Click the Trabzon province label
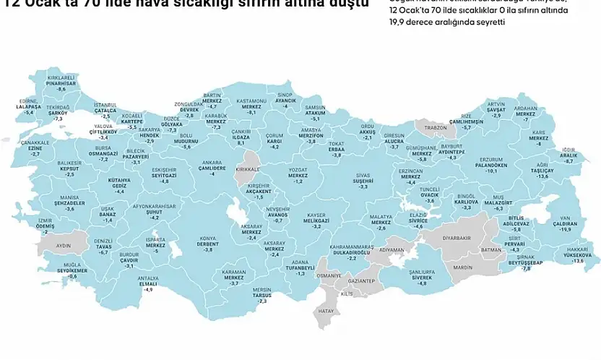(x=436, y=127)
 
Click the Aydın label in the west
(x=64, y=246)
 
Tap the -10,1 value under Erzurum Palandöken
(x=490, y=171)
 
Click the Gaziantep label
(x=361, y=280)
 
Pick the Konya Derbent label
(x=208, y=243)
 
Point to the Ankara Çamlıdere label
(x=212, y=168)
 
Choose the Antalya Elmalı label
(x=148, y=282)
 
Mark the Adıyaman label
(x=391, y=249)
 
